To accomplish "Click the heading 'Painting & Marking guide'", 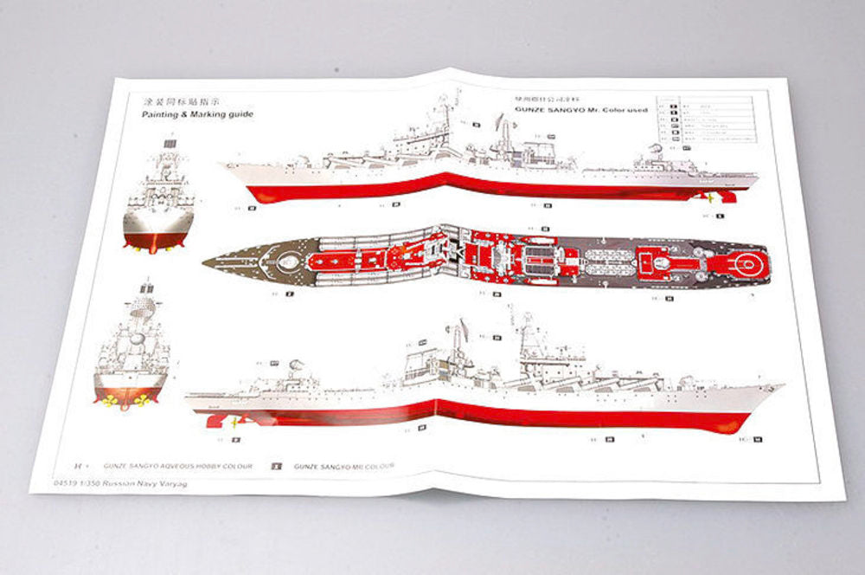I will [198, 114].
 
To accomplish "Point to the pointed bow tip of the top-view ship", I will [208, 261].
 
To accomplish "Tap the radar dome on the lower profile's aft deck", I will [296, 366].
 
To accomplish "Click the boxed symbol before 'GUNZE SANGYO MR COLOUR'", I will [277, 466].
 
